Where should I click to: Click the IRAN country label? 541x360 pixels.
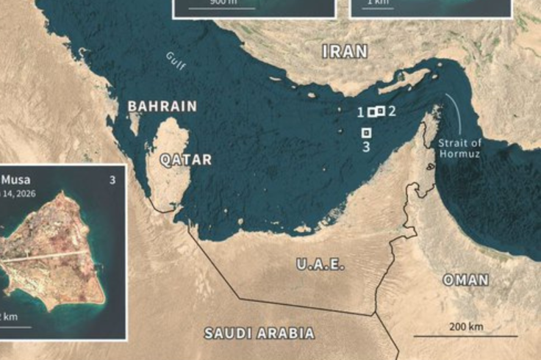pos(345,51)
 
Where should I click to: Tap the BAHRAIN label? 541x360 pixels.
pos(162,107)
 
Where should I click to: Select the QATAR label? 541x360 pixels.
pos(186,159)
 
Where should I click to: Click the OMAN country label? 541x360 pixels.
pos(465,280)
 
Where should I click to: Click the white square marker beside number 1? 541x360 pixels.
pos(372,112)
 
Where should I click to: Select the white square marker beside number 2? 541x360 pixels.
pos(380,110)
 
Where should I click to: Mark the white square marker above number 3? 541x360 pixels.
pos(367,132)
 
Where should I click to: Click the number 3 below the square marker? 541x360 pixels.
pos(366,147)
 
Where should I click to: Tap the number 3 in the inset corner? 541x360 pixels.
pos(112,179)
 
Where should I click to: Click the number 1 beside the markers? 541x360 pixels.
pos(360,112)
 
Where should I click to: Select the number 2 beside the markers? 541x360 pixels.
pos(392,111)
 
